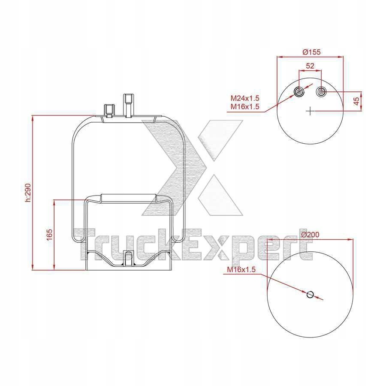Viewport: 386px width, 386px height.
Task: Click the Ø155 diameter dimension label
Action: pos(311,52)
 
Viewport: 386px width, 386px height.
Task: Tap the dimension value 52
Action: pos(310,66)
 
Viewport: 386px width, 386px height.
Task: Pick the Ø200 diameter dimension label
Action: pos(311,235)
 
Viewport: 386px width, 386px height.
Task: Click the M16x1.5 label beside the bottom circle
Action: pos(241,269)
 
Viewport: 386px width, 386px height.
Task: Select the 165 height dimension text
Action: pos(49,235)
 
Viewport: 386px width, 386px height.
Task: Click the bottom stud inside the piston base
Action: pos(128,259)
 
